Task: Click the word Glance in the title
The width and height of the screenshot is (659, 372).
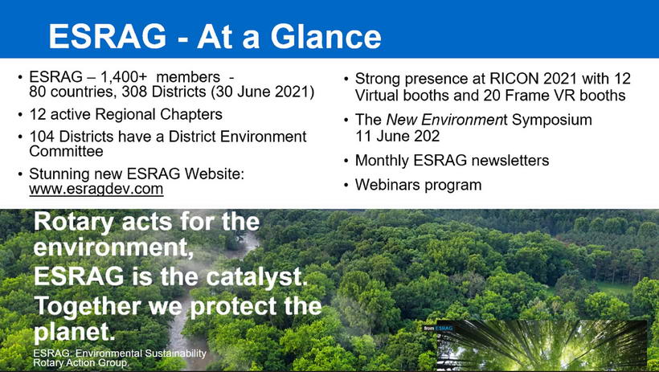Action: pyautogui.click(x=326, y=36)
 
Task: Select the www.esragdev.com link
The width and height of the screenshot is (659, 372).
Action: pyautogui.click(x=96, y=189)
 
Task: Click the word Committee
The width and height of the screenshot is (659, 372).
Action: pyautogui.click(x=66, y=151)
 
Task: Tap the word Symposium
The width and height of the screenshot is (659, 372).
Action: pyautogui.click(x=552, y=120)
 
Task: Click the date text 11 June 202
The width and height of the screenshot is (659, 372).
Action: pyautogui.click(x=398, y=137)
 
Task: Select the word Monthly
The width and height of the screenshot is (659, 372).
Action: pyautogui.click(x=382, y=161)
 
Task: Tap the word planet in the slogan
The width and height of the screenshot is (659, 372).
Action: pyautogui.click(x=74, y=332)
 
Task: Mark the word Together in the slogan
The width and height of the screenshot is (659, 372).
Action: pyautogui.click(x=88, y=306)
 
